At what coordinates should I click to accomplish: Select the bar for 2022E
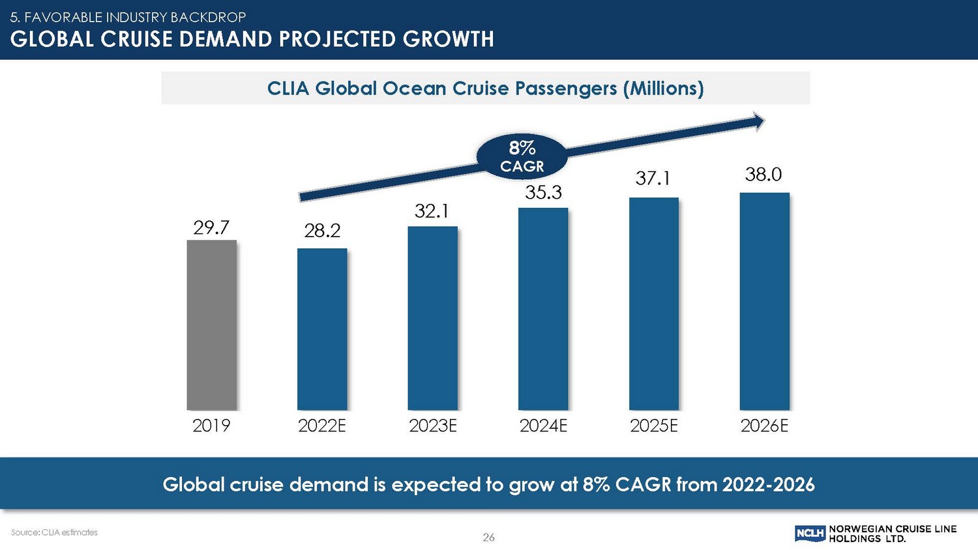(x=322, y=329)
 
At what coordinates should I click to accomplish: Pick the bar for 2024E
(x=543, y=309)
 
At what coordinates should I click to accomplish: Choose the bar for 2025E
(x=654, y=304)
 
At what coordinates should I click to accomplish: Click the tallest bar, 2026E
(x=764, y=301)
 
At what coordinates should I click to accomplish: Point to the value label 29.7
(x=211, y=227)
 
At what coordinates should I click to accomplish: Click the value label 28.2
(x=322, y=231)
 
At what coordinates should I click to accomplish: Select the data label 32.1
(x=432, y=211)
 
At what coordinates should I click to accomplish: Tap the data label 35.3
(x=543, y=193)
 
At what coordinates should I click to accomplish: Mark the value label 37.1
(x=653, y=178)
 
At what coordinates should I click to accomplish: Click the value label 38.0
(x=763, y=175)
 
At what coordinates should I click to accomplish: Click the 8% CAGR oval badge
(x=522, y=157)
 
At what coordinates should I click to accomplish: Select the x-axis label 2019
(x=211, y=426)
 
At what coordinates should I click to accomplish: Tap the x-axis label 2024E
(x=543, y=426)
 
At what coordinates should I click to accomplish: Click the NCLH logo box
(x=810, y=534)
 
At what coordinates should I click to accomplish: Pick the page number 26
(x=488, y=538)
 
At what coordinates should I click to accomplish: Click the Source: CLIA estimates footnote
(x=54, y=532)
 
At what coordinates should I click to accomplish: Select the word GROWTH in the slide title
(x=448, y=39)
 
